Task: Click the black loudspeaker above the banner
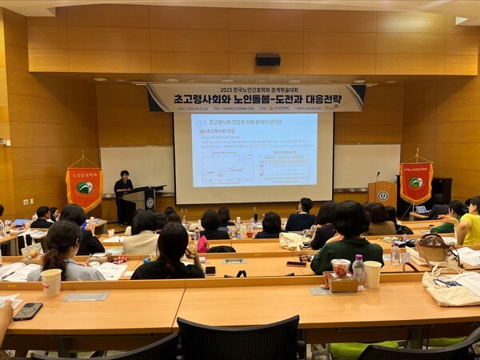(268, 59)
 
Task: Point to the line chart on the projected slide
(227, 169)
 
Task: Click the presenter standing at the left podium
(122, 194)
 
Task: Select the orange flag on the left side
(84, 188)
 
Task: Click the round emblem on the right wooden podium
(382, 196)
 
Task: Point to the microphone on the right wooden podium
(378, 176)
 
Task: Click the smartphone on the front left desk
(28, 310)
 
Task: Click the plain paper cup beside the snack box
(373, 274)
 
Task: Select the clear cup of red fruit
(341, 267)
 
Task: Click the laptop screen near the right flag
(421, 210)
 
